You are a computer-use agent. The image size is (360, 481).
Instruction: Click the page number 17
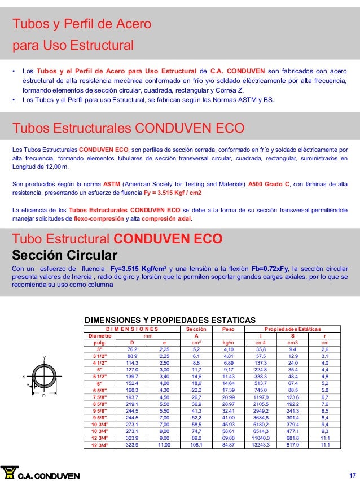point(352,473)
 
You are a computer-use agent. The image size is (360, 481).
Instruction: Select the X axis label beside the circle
point(24,376)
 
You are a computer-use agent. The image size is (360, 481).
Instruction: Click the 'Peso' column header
point(229,328)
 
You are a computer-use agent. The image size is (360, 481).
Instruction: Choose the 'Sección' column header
point(196,328)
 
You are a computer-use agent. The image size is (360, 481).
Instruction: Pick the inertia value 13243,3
point(261,444)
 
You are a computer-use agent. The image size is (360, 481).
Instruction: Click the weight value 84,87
point(229,444)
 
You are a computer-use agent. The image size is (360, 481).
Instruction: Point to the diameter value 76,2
point(132,349)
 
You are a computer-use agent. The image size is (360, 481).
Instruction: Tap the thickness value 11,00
point(164,444)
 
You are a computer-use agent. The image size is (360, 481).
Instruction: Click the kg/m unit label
point(229,342)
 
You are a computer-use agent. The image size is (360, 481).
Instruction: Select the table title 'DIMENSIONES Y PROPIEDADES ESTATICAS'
point(169,320)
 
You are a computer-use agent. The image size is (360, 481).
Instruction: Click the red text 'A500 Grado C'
point(268,184)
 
